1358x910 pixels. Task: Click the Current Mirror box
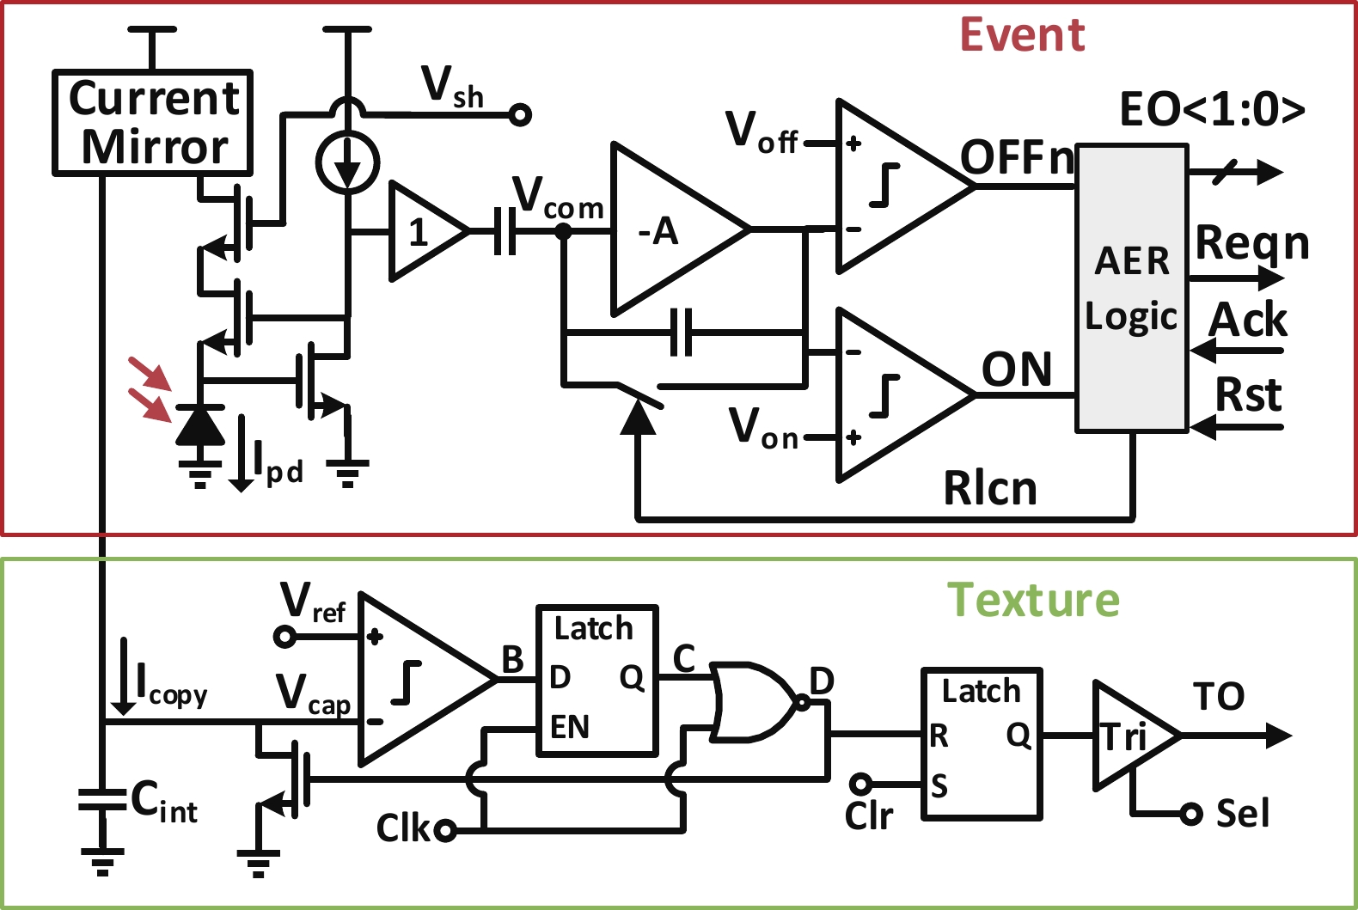pos(152,123)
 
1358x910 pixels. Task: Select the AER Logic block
pos(1132,288)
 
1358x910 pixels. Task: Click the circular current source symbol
pos(347,162)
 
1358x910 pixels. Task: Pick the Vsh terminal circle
pos(520,114)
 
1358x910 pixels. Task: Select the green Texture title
pos(1033,600)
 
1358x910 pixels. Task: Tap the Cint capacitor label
pos(163,802)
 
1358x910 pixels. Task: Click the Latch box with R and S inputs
pos(982,743)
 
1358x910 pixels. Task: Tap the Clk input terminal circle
pos(445,830)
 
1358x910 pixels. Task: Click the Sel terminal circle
pos(1190,813)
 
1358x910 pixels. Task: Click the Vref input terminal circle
pos(284,637)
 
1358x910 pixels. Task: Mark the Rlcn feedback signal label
pos(990,489)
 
